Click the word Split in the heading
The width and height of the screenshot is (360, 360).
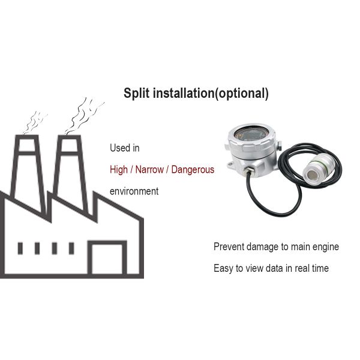tap(137, 94)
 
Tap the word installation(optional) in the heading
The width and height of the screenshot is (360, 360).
tap(211, 94)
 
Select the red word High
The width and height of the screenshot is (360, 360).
tap(119, 170)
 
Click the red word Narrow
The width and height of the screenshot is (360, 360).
tap(149, 170)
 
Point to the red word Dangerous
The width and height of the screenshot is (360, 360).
tap(193, 170)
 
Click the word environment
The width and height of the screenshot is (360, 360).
tap(134, 191)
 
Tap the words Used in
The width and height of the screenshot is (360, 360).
tap(125, 148)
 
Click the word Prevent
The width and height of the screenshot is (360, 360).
tap(229, 247)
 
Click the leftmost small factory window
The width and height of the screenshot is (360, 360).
tap(20, 248)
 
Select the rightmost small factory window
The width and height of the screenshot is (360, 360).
tap(71, 248)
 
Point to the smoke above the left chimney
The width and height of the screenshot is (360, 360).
tap(34, 122)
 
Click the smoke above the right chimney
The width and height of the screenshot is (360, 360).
tap(84, 116)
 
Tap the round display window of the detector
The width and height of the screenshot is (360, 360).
tap(251, 134)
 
